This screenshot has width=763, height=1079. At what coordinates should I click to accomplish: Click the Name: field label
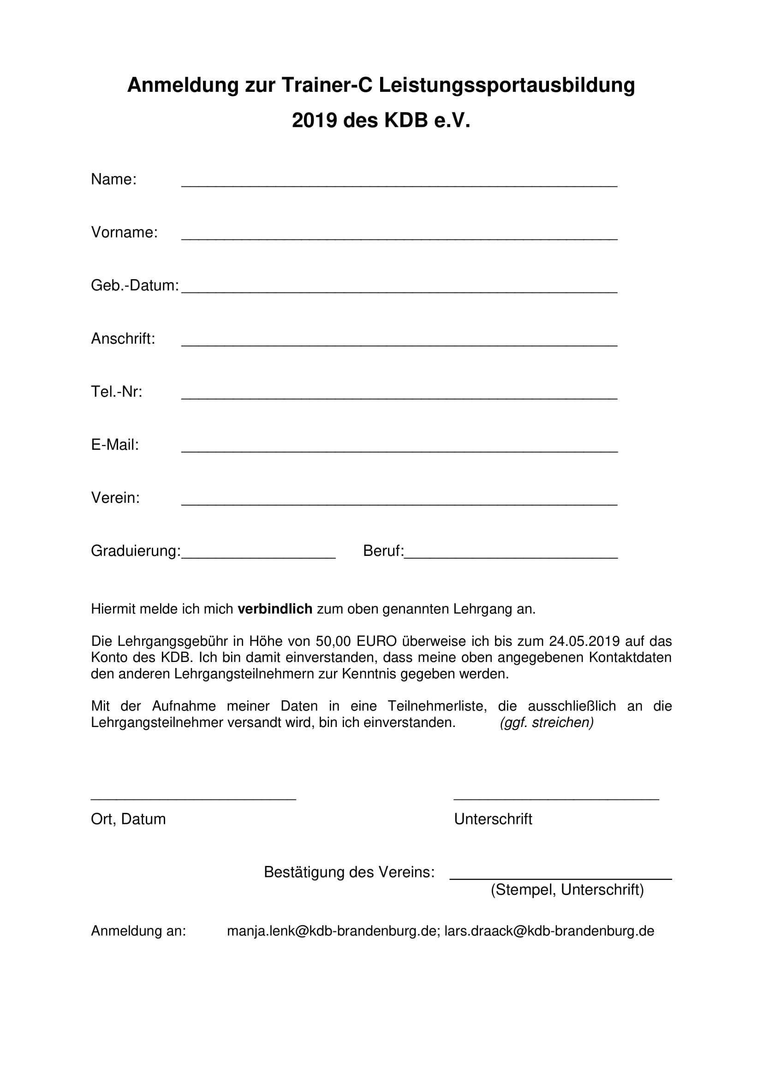tap(113, 179)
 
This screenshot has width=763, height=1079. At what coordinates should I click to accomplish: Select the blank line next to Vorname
tap(399, 237)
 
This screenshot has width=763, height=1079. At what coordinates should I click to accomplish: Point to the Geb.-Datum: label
tap(135, 286)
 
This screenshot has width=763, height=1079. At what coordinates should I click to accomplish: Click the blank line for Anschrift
tap(399, 344)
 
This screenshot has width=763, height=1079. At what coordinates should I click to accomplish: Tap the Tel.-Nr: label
tap(117, 392)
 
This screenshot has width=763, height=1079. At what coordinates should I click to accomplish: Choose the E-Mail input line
tap(399, 450)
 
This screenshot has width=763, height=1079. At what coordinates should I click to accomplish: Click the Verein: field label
tap(116, 498)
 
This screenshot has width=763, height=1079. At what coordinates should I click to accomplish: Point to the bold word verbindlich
tap(275, 609)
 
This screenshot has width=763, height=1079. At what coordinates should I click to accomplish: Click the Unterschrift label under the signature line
tap(493, 820)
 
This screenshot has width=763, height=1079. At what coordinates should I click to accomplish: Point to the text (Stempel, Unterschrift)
tap(567, 890)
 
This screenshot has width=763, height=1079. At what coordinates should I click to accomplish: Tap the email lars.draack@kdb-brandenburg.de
tap(549, 931)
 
